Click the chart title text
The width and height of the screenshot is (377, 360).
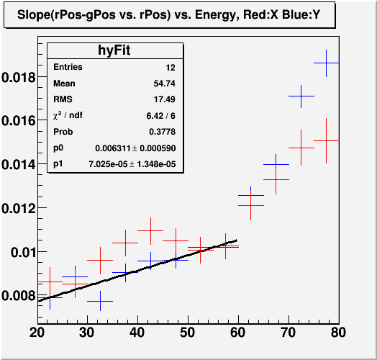(168, 15)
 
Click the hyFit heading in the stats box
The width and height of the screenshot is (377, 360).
(114, 50)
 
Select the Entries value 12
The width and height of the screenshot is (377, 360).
(171, 68)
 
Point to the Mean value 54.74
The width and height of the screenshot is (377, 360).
(165, 84)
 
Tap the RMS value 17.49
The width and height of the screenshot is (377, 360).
(165, 99)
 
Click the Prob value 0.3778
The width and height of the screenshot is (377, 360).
(163, 132)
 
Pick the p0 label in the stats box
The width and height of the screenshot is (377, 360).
(58, 148)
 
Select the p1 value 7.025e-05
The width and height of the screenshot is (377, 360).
(108, 164)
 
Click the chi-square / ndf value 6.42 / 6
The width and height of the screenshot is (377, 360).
(161, 116)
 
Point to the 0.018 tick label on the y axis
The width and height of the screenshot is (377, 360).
(19, 78)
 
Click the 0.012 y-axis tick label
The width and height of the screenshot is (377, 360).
(19, 208)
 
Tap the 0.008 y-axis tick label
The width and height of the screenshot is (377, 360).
(19, 295)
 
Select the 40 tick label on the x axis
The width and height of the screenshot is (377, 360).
(137, 333)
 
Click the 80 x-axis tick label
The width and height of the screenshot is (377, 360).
(338, 333)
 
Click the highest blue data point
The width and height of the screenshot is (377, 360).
(326, 63)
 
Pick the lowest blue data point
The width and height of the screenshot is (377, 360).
(100, 301)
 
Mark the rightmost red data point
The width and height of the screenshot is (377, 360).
(326, 140)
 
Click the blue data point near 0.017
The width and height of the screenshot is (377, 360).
(301, 96)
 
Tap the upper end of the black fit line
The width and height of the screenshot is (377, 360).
(237, 240)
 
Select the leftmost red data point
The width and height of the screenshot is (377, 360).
(50, 282)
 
